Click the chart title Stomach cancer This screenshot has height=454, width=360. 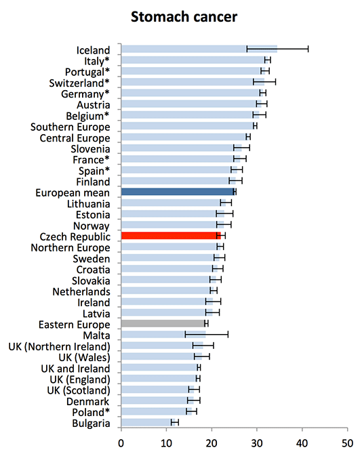184,17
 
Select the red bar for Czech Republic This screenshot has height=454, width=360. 171,236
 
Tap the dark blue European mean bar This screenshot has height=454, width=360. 178,192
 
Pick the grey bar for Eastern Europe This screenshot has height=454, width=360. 163,323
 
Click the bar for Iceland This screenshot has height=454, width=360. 199,49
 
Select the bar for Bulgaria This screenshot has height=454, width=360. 148,422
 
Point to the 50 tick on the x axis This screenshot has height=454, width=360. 347,443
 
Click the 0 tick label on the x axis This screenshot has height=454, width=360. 121,443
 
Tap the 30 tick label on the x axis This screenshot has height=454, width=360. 257,443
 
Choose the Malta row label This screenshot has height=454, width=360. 96,335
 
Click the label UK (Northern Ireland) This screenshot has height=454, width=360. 60,346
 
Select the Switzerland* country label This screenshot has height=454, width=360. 79,83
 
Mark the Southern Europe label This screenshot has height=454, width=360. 71,127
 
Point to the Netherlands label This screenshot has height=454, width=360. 81,291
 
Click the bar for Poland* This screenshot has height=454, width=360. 157,411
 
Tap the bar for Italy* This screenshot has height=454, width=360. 193,60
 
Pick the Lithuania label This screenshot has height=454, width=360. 89,204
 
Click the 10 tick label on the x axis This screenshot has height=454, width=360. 166,443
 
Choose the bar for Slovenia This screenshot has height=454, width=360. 181,148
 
